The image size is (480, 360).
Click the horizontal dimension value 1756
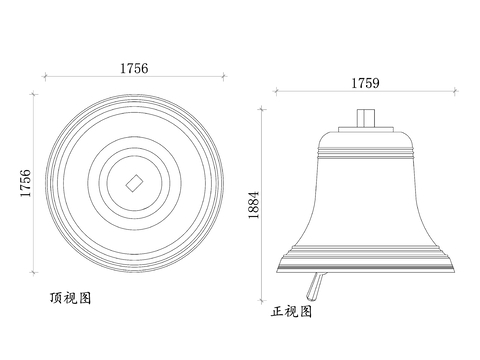134,68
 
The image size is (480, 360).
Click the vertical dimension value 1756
26,183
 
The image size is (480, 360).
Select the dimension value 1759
365,83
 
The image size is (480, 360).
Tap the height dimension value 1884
254,205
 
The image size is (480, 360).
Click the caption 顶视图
70,298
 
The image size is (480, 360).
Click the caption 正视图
291,311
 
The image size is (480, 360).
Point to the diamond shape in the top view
134,183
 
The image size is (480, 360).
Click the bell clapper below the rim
316,286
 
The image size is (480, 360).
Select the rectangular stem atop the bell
366,118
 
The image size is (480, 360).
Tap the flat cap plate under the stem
366,129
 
